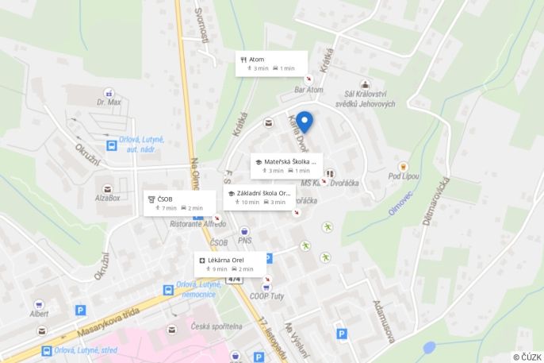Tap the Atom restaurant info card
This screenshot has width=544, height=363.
point(270,64)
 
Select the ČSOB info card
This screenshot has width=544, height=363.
point(179,203)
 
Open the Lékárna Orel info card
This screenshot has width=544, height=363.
point(230,264)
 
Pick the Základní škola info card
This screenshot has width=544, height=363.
point(259,197)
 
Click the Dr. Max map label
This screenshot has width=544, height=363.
point(109,102)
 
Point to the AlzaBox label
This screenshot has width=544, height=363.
point(107,198)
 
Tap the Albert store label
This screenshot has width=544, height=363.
point(39,313)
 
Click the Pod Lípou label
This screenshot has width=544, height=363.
point(403,176)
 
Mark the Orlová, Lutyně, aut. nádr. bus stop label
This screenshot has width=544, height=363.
point(141,144)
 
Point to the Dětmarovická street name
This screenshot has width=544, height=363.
point(436,199)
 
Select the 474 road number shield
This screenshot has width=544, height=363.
point(234,279)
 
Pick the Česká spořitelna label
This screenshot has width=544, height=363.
point(216,326)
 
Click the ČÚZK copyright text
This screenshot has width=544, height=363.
point(527,357)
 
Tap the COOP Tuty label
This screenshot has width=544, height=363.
point(268,296)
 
